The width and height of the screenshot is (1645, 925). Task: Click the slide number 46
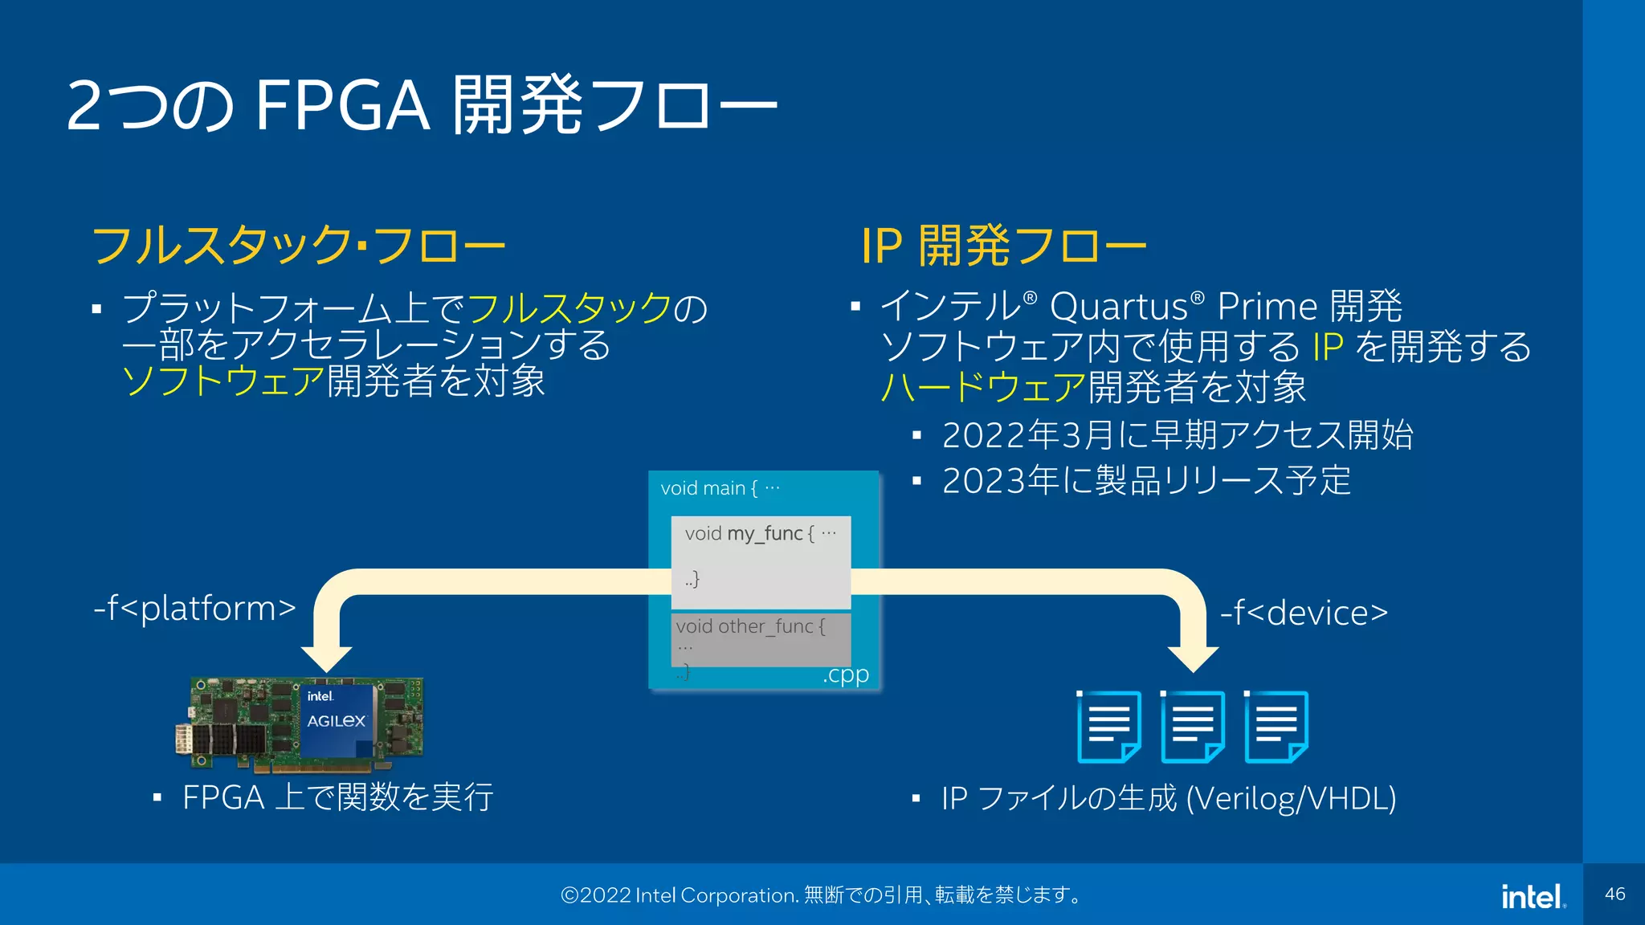(x=1614, y=894)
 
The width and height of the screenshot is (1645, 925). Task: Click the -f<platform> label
(x=195, y=609)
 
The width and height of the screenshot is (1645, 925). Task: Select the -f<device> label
(x=1304, y=613)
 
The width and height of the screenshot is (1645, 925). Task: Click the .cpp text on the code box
(x=845, y=674)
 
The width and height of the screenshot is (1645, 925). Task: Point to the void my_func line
(x=760, y=534)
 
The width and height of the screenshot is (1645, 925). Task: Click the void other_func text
(x=749, y=626)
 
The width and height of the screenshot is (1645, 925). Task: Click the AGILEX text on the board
(x=336, y=721)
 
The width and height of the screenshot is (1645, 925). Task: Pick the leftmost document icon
(x=1108, y=727)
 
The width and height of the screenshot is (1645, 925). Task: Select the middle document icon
(x=1193, y=727)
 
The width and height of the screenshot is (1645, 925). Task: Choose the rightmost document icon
(x=1276, y=727)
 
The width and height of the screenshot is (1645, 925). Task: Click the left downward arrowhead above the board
(x=326, y=658)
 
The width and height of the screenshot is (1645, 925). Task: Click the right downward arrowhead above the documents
(x=1193, y=658)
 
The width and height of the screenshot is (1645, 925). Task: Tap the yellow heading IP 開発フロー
(x=1003, y=246)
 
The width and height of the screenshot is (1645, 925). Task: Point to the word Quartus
(x=1119, y=308)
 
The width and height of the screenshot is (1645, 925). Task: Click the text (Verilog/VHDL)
(x=1291, y=799)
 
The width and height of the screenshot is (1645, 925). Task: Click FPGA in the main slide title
(x=342, y=106)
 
